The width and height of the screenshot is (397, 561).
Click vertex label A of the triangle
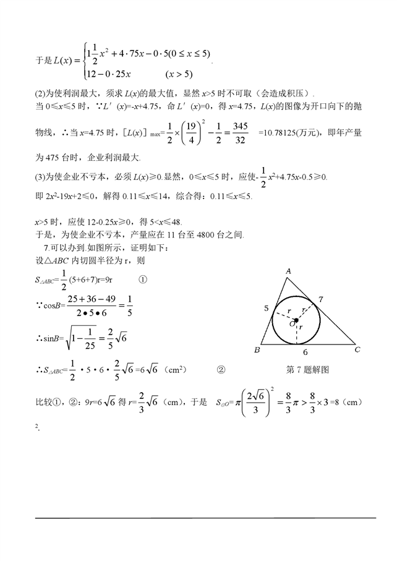click(x=288, y=271)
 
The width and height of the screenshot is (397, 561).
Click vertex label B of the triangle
click(x=257, y=351)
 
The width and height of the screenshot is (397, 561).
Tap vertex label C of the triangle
click(x=357, y=351)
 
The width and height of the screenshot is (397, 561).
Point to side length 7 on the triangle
click(x=321, y=300)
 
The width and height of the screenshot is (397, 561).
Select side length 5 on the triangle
click(x=267, y=307)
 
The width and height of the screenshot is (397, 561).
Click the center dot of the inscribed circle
click(x=296, y=320)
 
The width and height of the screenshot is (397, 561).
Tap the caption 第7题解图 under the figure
click(x=307, y=370)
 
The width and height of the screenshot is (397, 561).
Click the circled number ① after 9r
click(x=143, y=280)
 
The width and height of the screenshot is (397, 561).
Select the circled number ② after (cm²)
click(x=221, y=370)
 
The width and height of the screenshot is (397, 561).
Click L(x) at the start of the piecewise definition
click(x=62, y=60)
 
